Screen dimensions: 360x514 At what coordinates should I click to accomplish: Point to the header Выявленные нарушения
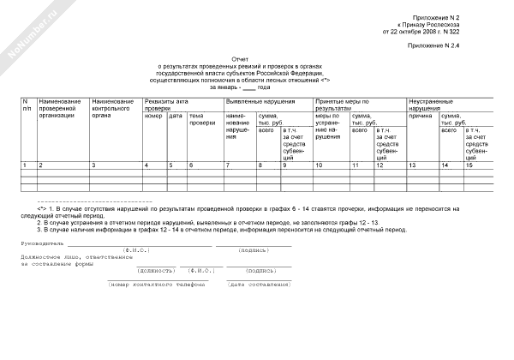pyautogui.click(x=256, y=102)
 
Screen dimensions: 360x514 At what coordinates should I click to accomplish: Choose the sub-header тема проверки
pyautogui.click(x=202, y=119)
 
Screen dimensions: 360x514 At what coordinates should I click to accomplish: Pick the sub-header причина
pyautogui.click(x=421, y=116)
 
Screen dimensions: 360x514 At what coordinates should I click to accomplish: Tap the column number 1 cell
pyautogui.click(x=25, y=164)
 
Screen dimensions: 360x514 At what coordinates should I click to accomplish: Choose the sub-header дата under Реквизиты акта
pyautogui.click(x=176, y=116)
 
